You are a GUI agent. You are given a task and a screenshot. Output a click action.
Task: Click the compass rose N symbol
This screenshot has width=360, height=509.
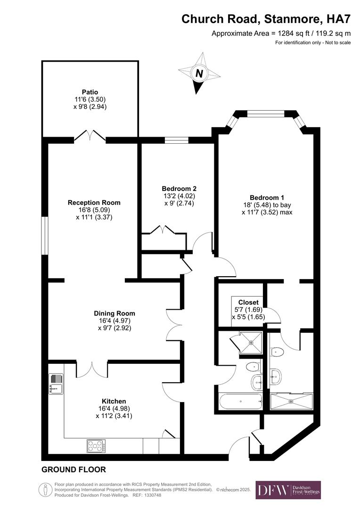[x=199, y=74]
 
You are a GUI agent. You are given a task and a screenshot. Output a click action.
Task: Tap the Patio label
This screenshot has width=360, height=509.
[x=90, y=92]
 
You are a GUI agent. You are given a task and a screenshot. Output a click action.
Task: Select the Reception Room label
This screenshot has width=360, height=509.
[x=94, y=203]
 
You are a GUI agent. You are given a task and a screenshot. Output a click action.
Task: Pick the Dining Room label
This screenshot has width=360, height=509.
[x=115, y=313]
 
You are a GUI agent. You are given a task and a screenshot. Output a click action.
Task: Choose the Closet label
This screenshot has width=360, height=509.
[x=248, y=302]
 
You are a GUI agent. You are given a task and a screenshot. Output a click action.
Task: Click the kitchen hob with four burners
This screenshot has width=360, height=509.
[x=96, y=445]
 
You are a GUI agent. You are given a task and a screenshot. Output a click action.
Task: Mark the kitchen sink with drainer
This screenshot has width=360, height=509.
[x=56, y=383]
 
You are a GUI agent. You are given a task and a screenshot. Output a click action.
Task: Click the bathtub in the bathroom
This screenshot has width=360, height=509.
[x=240, y=402]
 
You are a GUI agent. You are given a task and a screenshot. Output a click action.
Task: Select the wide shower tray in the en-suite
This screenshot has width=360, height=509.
[x=291, y=401]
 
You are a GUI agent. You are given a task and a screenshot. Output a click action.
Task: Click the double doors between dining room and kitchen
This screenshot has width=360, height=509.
[x=92, y=369]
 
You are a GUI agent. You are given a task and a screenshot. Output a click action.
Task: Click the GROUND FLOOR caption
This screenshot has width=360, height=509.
[x=74, y=470]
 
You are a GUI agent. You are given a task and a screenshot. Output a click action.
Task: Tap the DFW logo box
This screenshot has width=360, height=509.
[x=288, y=490]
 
